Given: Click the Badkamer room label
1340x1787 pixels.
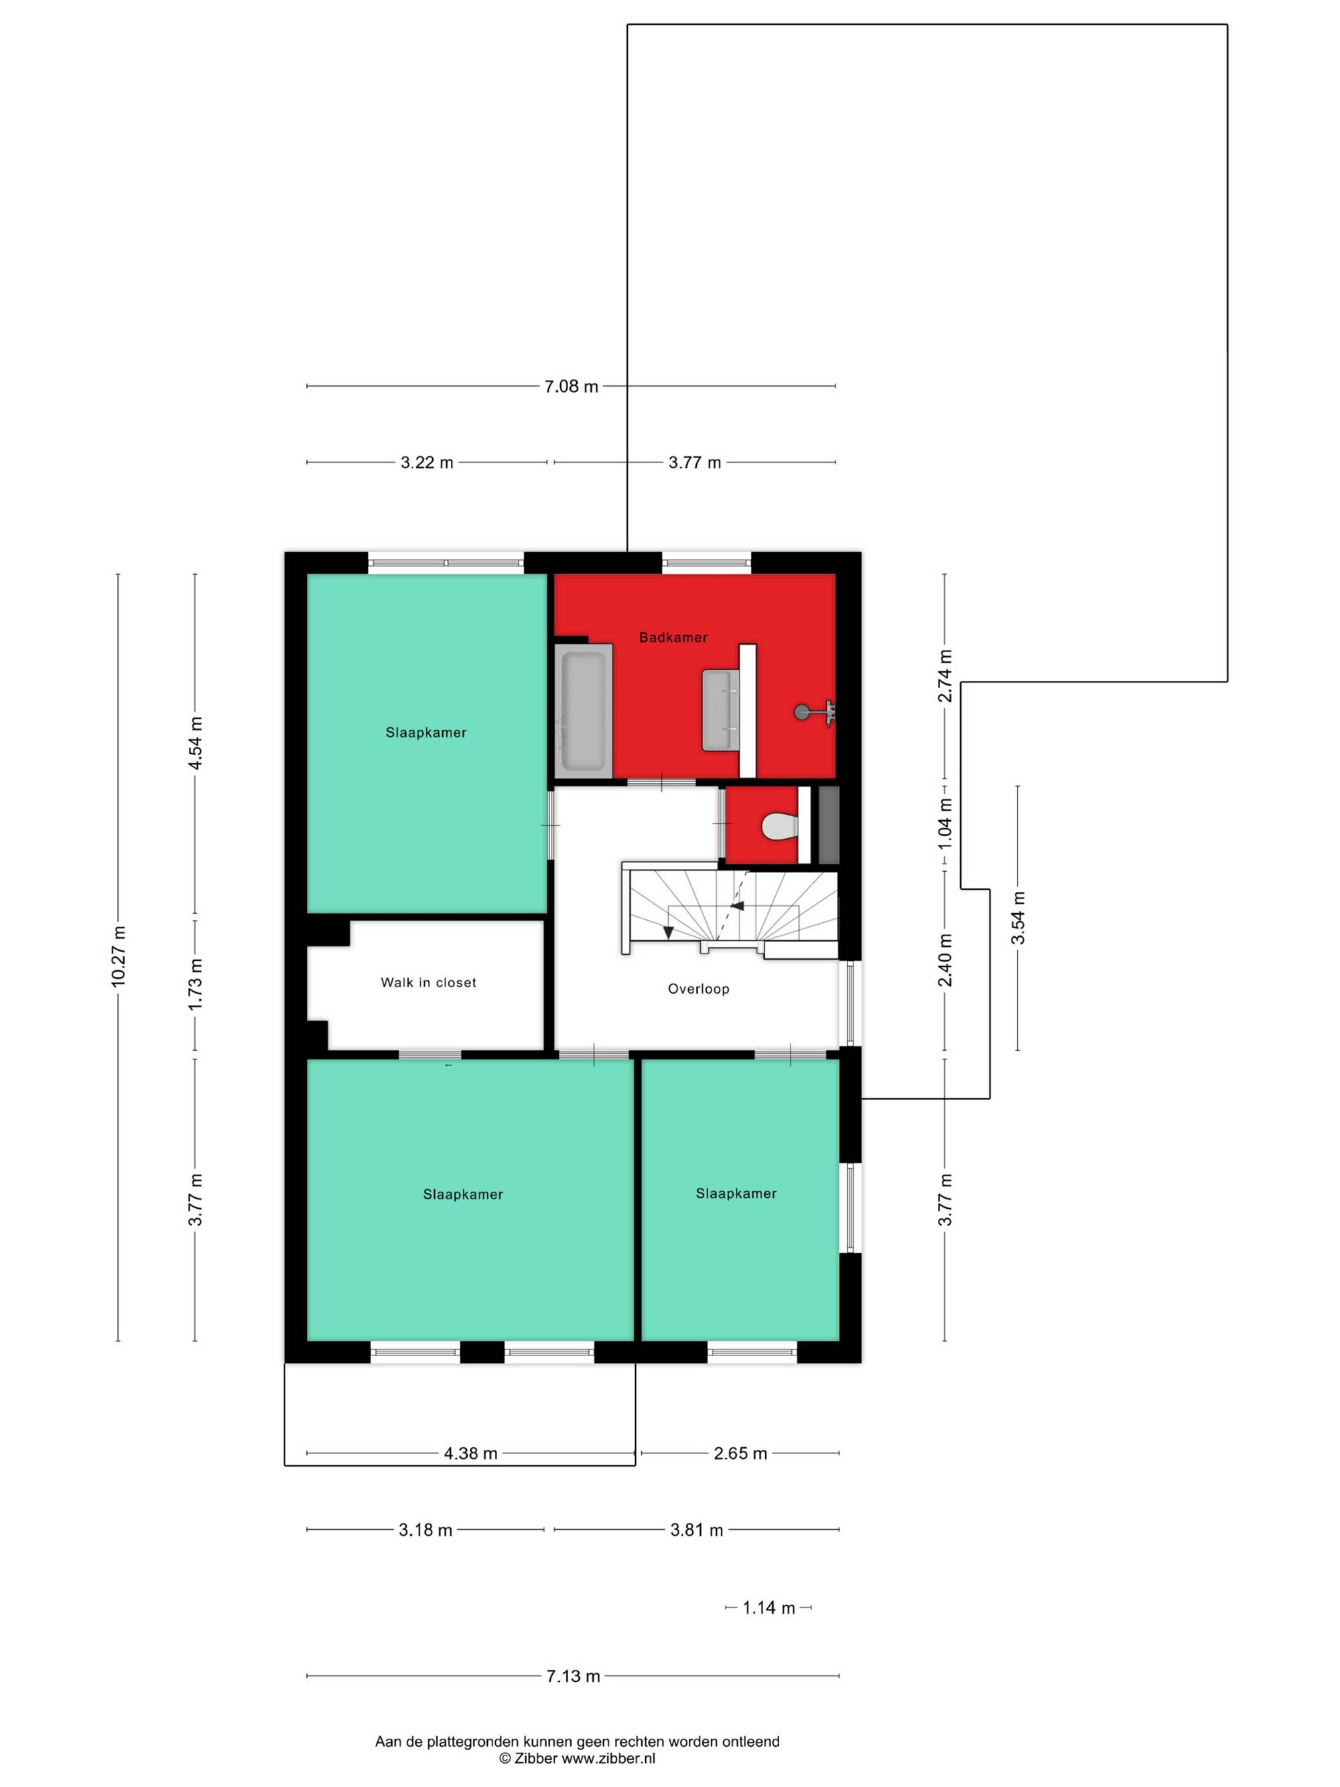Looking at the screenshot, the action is [x=673, y=637].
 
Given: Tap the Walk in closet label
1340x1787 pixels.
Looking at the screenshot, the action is [x=428, y=982].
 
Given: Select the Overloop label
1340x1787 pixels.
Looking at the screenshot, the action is [x=698, y=989].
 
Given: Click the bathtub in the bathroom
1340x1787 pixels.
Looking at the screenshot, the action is [x=583, y=711].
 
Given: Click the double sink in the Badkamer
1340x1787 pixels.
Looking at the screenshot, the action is [x=722, y=710].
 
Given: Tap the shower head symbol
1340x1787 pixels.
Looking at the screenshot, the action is [x=814, y=712].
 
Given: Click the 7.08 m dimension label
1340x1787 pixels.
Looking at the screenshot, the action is [x=571, y=386].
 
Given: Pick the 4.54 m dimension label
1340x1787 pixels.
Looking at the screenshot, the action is [x=195, y=743].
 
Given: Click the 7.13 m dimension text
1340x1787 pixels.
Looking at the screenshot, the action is [x=573, y=1676].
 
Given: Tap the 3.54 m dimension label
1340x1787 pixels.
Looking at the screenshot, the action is [x=1018, y=918].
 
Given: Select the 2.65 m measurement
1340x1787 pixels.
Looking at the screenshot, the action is [x=740, y=1453].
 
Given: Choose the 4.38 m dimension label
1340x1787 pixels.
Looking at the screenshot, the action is [x=470, y=1453].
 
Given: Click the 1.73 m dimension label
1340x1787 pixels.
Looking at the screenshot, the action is [x=195, y=983].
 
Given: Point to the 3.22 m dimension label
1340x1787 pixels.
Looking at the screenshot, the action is [x=427, y=463].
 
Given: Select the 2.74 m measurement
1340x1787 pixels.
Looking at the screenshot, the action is [x=945, y=675].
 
